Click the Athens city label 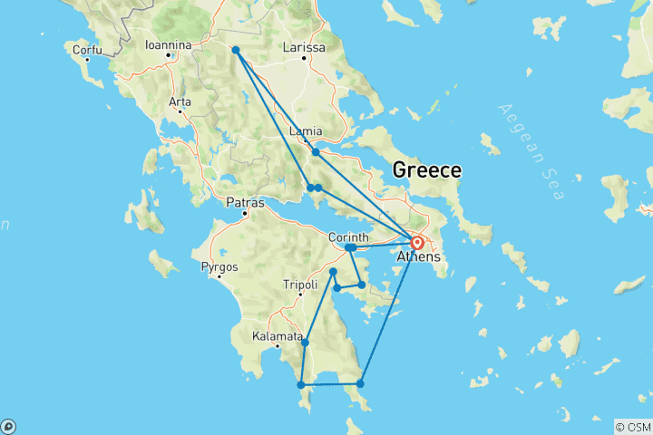pos(424,257)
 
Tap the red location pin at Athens pos(418,243)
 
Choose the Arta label pos(180,101)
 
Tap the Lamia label pos(305,132)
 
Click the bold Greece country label pos(426,170)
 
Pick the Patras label pos(246,202)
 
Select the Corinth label pos(347,237)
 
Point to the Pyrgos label pos(219,267)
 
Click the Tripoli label pos(300,285)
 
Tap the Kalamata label pos(277,336)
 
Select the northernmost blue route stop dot pos(235,50)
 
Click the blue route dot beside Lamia pos(316,151)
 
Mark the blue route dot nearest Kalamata pos(305,342)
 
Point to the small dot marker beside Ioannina pos(169,55)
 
